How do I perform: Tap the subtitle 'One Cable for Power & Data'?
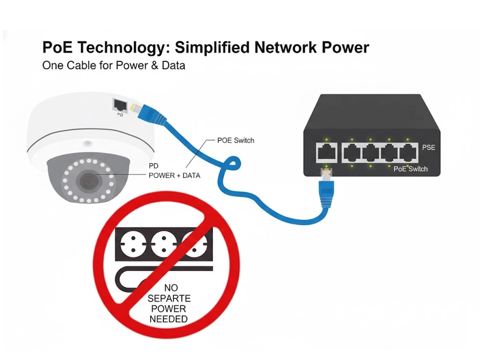tap(113, 65)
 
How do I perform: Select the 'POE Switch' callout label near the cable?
tap(235, 140)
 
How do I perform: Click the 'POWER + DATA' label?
tap(174, 176)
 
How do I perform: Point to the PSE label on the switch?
tap(428, 147)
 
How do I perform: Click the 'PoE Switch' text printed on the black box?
tap(411, 169)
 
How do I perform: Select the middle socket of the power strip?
tap(163, 242)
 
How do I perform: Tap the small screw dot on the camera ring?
tap(88, 143)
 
